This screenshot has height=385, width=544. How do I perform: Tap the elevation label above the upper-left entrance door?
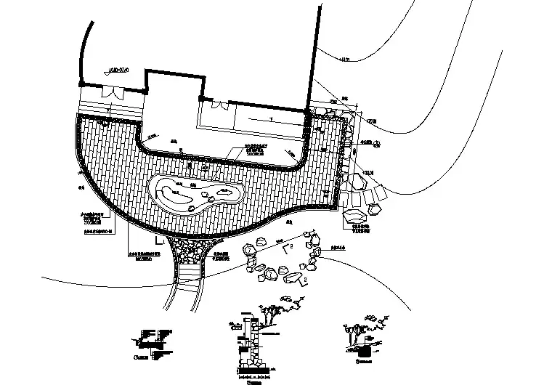[x=117, y=71]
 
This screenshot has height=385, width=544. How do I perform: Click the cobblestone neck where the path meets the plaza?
[x=191, y=251]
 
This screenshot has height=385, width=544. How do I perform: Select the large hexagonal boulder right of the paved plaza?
[x=356, y=216]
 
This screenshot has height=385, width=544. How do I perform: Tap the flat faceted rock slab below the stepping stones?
[x=293, y=278]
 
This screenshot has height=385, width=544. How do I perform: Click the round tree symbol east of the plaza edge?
[x=377, y=144]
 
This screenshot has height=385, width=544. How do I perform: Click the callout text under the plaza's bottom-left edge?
[x=137, y=256]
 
